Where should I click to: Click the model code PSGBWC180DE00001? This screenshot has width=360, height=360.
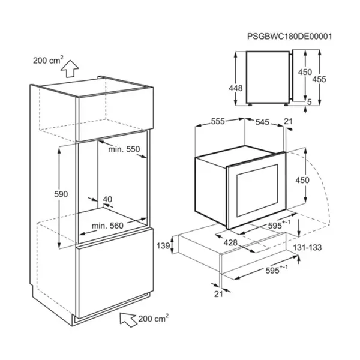290,37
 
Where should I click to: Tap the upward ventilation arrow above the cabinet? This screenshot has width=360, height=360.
70,68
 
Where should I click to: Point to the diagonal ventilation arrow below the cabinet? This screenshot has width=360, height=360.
128,319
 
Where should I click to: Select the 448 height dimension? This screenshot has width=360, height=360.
236,88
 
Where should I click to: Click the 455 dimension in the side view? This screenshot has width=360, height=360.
319,79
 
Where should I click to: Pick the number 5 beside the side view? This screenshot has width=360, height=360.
309,102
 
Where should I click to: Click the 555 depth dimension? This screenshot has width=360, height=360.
218,121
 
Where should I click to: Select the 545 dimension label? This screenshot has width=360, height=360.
262,122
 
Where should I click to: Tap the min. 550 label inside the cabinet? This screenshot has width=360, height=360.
124,149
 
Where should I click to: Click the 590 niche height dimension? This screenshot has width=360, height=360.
61,194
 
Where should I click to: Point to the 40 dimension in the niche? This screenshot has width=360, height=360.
107,199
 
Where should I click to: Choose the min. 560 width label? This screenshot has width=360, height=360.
107,226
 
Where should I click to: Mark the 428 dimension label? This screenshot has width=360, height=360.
230,242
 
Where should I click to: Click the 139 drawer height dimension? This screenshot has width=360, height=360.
163,246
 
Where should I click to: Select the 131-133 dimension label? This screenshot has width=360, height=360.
307,247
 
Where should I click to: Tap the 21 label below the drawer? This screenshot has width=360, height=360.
218,294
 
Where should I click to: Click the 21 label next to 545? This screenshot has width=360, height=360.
289,121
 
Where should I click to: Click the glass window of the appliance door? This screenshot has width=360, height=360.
257,191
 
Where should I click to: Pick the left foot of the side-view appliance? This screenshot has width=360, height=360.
249,104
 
